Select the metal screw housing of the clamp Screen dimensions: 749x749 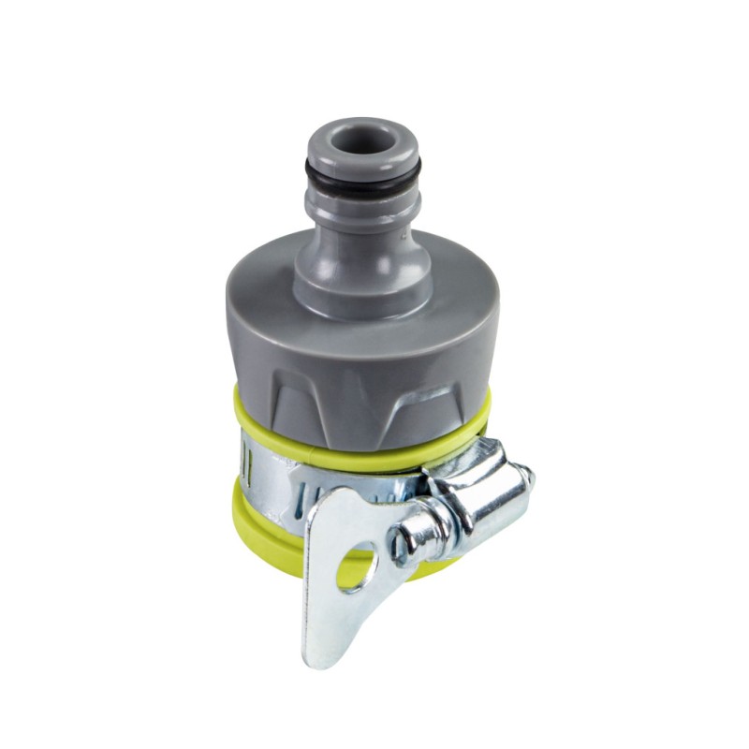pyautogui.click(x=477, y=492)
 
